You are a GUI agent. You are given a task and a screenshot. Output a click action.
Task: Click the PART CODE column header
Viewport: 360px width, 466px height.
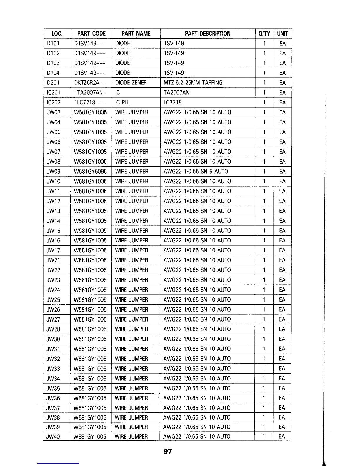coord(91,34)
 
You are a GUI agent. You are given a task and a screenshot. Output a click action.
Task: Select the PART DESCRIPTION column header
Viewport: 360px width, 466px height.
coord(207,34)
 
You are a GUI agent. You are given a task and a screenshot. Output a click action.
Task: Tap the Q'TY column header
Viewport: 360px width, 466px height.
coord(264,34)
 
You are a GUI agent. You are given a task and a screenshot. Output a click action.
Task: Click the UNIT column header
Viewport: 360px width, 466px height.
coord(282,34)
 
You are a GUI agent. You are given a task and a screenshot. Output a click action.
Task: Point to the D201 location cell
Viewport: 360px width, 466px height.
coord(53,83)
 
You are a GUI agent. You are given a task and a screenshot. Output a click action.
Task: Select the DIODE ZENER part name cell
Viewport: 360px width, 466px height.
coord(131,83)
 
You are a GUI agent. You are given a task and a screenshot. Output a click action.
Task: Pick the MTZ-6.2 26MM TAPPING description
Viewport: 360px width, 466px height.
coord(193,83)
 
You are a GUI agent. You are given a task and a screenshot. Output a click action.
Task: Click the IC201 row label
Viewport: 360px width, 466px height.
coord(54,93)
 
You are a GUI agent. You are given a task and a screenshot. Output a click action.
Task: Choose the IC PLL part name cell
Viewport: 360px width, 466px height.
coord(122,102)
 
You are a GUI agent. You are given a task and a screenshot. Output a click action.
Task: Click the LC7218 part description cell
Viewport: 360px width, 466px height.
coord(173,102)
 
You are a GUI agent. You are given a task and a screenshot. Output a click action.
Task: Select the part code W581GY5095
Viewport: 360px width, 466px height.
coord(90,171)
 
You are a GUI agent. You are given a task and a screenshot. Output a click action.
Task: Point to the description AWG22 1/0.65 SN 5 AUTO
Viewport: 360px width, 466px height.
coord(196,171)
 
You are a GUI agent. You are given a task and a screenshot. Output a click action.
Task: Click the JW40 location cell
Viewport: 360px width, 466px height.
coord(53,437)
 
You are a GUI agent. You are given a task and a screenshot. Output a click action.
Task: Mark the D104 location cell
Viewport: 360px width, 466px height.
coord(53,73)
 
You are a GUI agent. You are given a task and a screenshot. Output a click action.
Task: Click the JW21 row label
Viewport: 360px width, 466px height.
coord(53,260)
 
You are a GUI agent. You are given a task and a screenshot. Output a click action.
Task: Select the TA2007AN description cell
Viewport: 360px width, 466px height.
coord(176,93)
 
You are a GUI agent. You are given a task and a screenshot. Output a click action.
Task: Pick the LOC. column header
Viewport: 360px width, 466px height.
coord(57,34)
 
